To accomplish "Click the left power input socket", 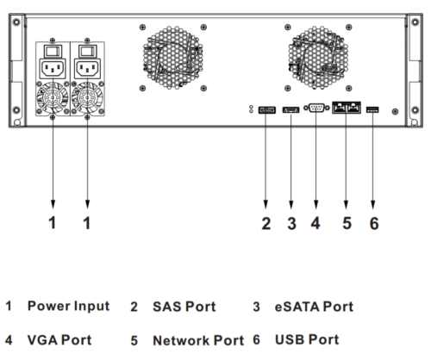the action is pyautogui.click(x=53, y=69).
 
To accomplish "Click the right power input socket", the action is pyautogui.click(x=87, y=69).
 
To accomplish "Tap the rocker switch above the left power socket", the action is pyautogui.click(x=53, y=51).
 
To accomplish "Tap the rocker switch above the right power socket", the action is pyautogui.click(x=87, y=51).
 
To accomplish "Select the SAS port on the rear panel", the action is pyautogui.click(x=267, y=109).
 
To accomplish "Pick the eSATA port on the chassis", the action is pyautogui.click(x=290, y=109).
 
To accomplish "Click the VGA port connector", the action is pyautogui.click(x=316, y=108).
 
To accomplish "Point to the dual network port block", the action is pyautogui.click(x=347, y=108).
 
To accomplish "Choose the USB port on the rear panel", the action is pyautogui.click(x=372, y=109).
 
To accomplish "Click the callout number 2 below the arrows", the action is pyautogui.click(x=266, y=223).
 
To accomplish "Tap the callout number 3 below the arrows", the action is pyautogui.click(x=291, y=223).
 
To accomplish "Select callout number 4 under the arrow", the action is pyautogui.click(x=315, y=223).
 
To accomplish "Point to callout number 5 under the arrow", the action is pyautogui.click(x=347, y=223).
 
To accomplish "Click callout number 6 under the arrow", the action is pyautogui.click(x=374, y=223).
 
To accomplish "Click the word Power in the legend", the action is pyautogui.click(x=48, y=306).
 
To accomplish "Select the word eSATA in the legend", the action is pyautogui.click(x=297, y=307).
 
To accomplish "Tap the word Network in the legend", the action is pyautogui.click(x=181, y=340).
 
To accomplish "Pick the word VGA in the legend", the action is pyautogui.click(x=42, y=340).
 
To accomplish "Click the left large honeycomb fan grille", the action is pyautogui.click(x=173, y=58).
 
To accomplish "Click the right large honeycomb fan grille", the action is pyautogui.click(x=318, y=58).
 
